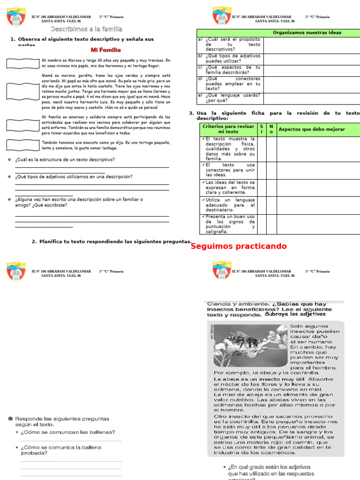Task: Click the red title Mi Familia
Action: coord(105,50)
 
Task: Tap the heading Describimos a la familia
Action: coord(86,30)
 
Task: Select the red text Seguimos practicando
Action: coord(239,247)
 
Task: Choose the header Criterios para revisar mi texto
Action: coord(229,129)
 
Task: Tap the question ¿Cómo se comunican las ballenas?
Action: coord(68,432)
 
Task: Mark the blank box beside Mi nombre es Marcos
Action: coord(22,63)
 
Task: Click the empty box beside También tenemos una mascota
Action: coord(22,145)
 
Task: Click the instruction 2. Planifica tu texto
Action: coord(112,242)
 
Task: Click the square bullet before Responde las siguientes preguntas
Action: coord(10,418)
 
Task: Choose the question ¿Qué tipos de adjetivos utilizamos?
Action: coord(73,177)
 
